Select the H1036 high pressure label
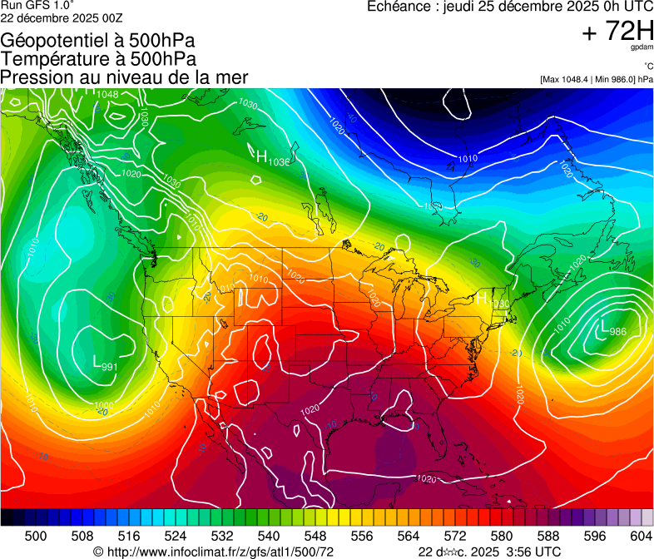(272, 157)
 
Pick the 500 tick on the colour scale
(36, 536)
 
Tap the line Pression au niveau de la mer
(124, 77)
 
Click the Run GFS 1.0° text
(37, 5)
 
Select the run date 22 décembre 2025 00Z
(62, 17)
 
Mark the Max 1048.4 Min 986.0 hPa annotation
(595, 79)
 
